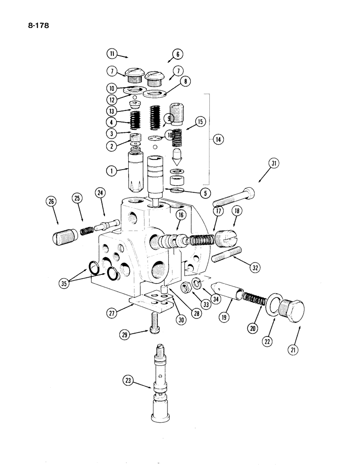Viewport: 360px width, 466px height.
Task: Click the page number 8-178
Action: [x=35, y=26]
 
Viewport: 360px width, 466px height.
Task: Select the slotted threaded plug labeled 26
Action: [x=62, y=236]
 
